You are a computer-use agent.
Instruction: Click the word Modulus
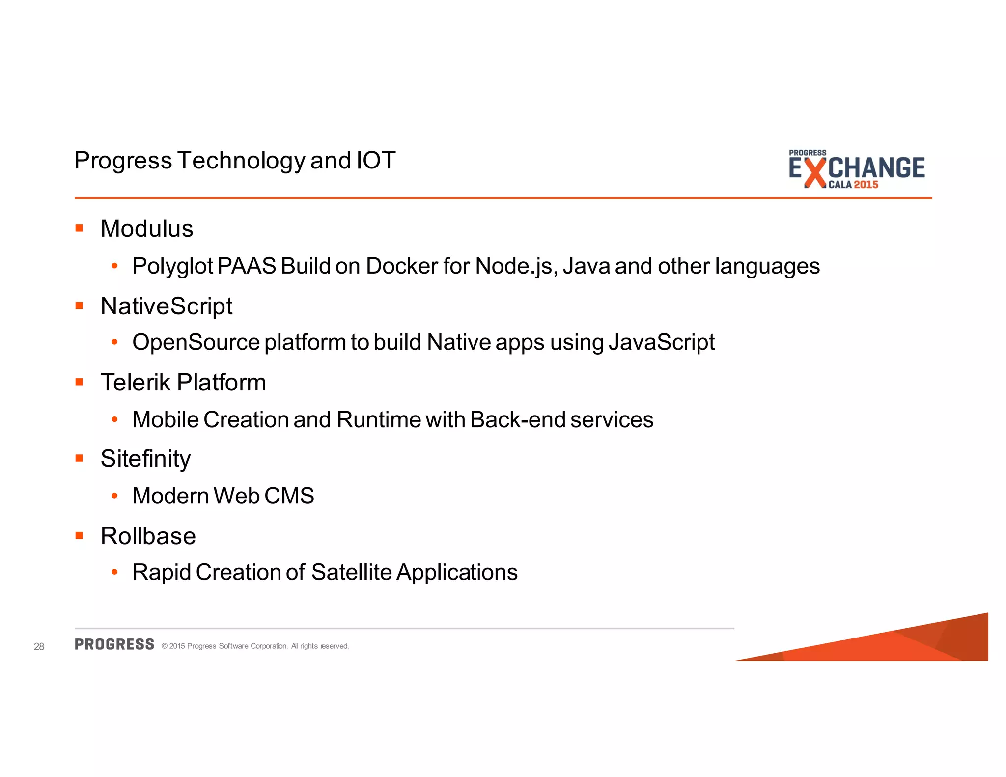(146, 229)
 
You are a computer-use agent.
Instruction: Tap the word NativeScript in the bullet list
(166, 306)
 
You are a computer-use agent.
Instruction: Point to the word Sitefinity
(145, 459)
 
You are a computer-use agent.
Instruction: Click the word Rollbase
(148, 536)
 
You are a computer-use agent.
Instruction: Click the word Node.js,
(516, 267)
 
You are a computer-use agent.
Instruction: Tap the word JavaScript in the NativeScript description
(661, 343)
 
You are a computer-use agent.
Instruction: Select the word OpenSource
(196, 343)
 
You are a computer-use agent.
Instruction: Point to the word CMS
(289, 496)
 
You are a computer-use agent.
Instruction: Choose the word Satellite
(351, 572)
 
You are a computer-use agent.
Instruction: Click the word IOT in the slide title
(376, 161)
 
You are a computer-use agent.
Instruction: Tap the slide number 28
(39, 647)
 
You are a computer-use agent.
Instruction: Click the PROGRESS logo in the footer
(114, 644)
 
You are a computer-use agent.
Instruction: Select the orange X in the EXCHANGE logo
(815, 172)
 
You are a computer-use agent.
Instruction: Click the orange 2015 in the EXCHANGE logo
(866, 185)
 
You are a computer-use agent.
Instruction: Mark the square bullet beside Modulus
(79, 228)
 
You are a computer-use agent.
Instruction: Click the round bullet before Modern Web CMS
(114, 496)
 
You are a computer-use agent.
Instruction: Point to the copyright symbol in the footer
(165, 646)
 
